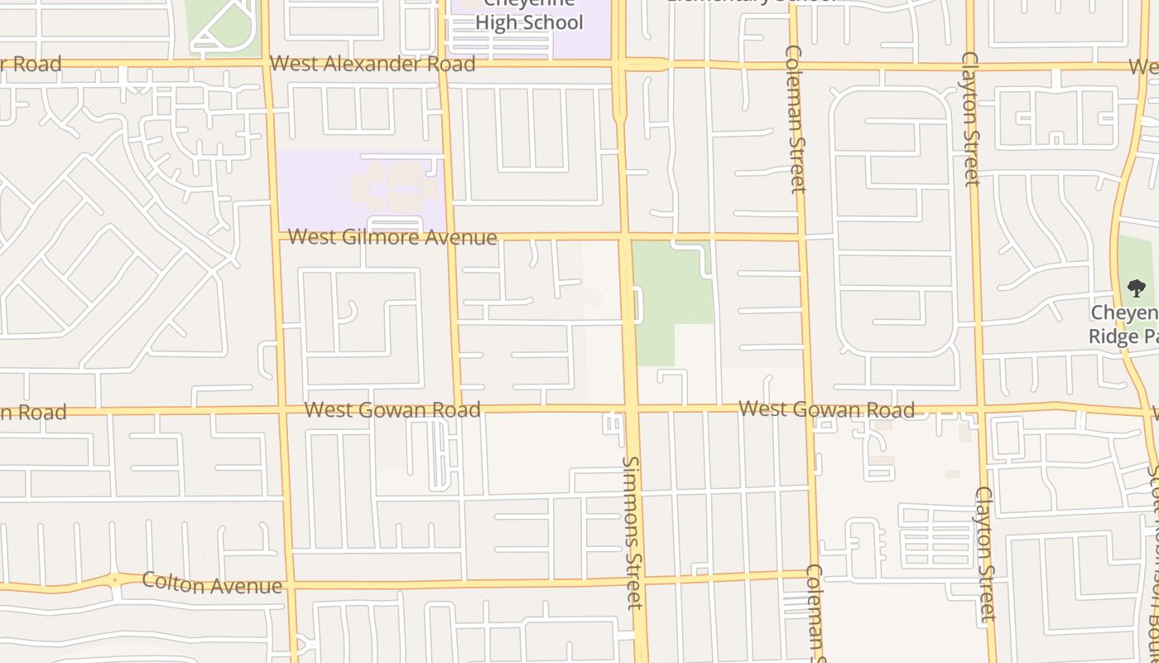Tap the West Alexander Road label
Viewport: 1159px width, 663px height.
[x=373, y=64]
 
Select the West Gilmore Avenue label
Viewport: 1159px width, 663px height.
[x=392, y=238]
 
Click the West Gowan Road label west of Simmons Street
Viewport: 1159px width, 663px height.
[x=392, y=410]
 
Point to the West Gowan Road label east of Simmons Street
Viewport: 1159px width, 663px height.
[x=826, y=409]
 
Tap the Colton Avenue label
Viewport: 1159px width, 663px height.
[x=212, y=583]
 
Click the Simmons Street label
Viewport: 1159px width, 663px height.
[x=632, y=532]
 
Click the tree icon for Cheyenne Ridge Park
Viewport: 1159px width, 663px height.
[x=1137, y=288]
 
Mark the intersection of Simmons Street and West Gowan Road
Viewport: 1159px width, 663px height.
[x=630, y=409]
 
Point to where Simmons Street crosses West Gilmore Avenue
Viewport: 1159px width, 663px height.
[x=624, y=237]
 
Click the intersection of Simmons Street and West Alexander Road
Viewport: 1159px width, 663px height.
[x=618, y=64]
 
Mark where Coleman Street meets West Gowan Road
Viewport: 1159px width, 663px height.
[x=809, y=409]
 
